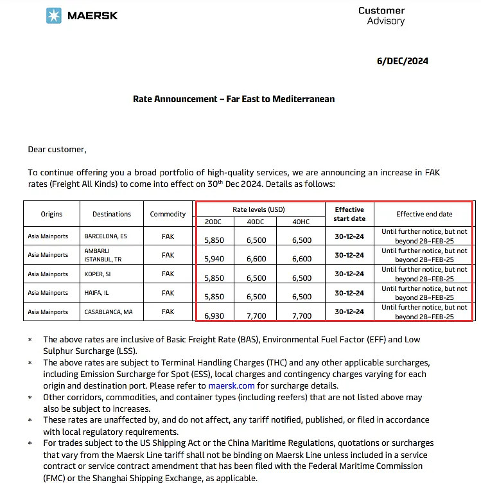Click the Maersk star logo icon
click(x=54, y=15)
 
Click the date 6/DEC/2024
click(x=402, y=62)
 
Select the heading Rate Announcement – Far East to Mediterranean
click(x=234, y=99)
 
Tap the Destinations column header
click(x=112, y=214)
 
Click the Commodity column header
click(x=168, y=214)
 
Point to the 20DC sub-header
click(x=213, y=222)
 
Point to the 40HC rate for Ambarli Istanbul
click(x=301, y=259)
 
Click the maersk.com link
click(x=231, y=386)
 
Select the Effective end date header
click(x=424, y=214)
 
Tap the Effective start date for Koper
click(x=349, y=274)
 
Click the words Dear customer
click(x=57, y=150)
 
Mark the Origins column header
click(x=51, y=214)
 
